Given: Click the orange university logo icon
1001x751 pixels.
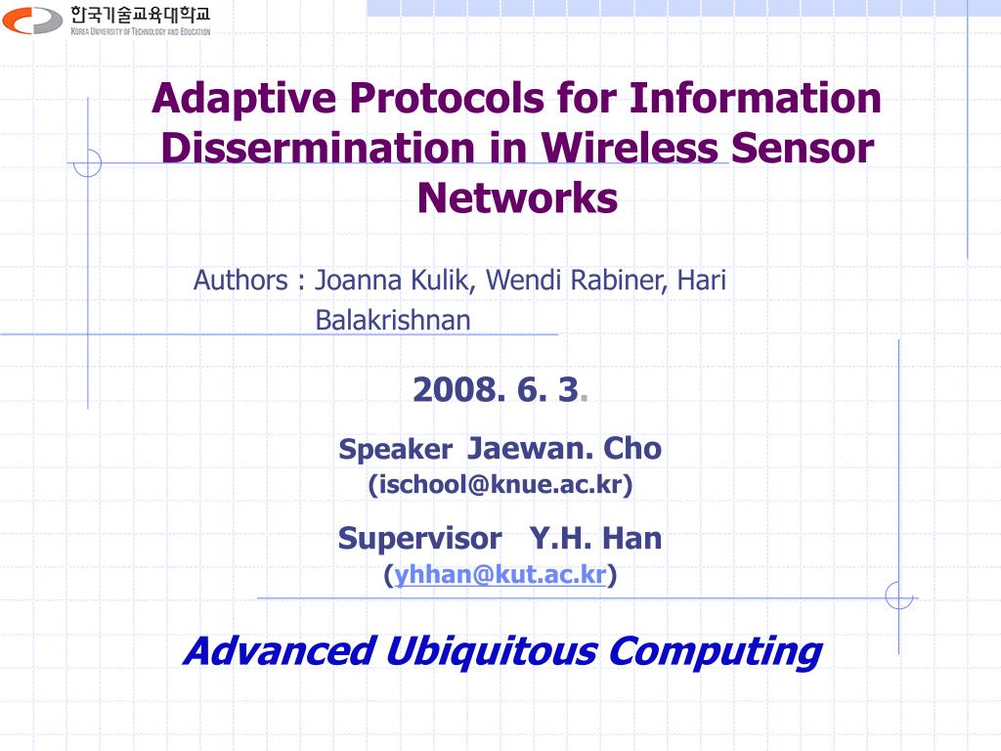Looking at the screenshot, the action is click(32, 21).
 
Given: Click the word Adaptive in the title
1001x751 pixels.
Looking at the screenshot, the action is click(244, 100).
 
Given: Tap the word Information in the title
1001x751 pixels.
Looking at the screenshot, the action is click(756, 99).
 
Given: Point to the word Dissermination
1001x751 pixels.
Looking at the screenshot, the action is click(318, 149).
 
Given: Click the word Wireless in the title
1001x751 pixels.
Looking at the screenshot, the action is click(630, 149).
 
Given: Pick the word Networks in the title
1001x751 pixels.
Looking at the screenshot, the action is click(517, 198).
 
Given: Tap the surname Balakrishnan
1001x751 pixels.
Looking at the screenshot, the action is click(393, 320).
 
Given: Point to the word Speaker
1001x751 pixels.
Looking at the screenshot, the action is click(396, 450).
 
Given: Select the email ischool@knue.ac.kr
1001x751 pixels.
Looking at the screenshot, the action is click(500, 484).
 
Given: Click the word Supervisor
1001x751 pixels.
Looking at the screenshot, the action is click(420, 539).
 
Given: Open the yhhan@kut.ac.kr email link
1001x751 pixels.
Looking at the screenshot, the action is click(500, 575).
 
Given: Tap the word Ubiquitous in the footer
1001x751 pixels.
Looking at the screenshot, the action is click(491, 651).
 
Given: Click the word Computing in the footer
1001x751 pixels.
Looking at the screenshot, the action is click(716, 651).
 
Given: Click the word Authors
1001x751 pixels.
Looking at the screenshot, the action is click(240, 281).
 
